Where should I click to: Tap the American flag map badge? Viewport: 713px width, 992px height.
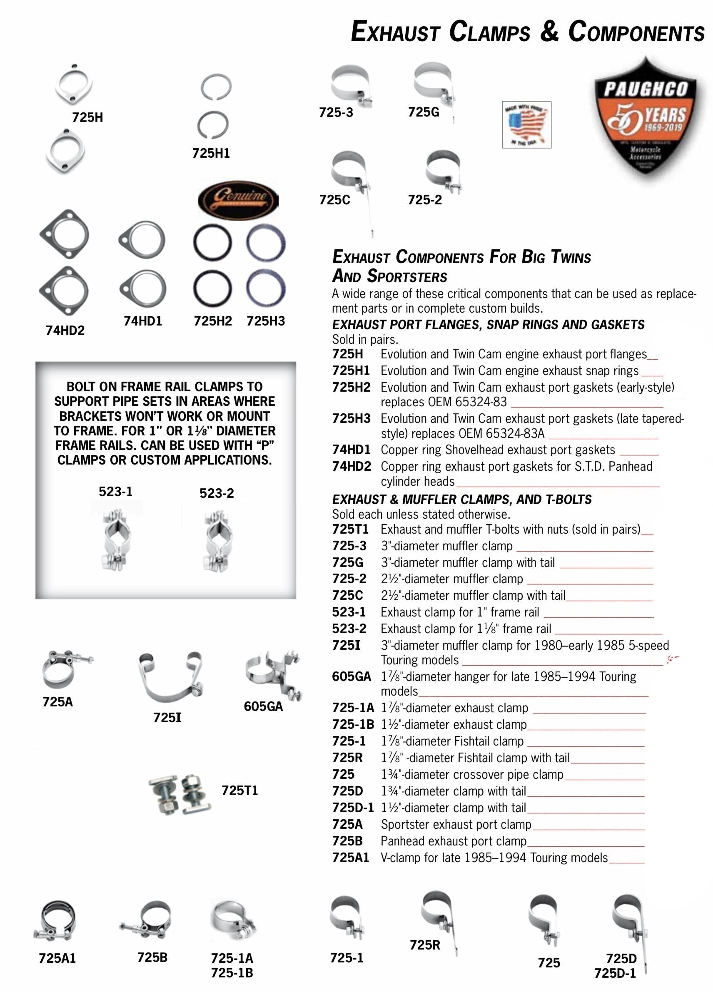[526, 124]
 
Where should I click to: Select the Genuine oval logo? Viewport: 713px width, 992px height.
[238, 200]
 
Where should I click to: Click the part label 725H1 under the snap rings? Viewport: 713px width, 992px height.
[211, 154]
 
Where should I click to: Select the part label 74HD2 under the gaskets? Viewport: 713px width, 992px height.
[65, 331]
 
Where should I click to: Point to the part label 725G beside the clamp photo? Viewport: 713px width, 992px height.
[423, 112]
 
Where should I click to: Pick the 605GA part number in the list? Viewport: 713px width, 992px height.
[351, 676]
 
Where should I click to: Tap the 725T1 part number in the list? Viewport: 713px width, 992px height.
[350, 529]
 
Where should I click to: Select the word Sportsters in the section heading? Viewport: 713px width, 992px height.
[406, 276]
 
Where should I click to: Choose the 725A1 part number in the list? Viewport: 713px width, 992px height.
[350, 858]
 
